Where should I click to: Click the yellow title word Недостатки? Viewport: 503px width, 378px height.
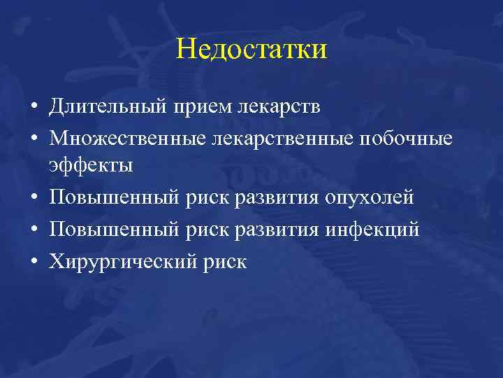(x=251, y=50)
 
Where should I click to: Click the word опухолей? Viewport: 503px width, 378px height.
(x=369, y=198)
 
